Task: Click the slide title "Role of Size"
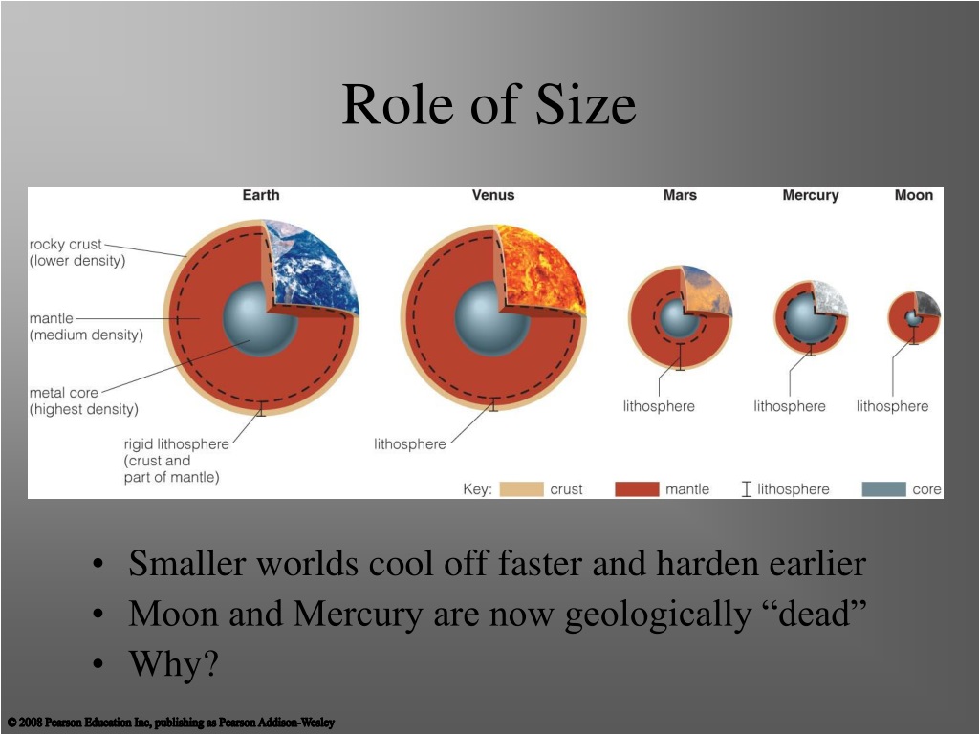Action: (x=489, y=104)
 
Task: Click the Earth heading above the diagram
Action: (x=261, y=195)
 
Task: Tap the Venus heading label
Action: (x=493, y=195)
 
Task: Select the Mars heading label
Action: (x=680, y=195)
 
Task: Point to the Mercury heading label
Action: (x=811, y=195)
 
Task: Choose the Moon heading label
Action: (x=913, y=195)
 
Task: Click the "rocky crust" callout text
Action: (x=77, y=252)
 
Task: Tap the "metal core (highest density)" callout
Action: (x=84, y=400)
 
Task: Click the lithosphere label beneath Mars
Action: (x=659, y=406)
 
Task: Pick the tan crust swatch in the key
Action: (x=521, y=489)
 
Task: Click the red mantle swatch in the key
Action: (x=637, y=489)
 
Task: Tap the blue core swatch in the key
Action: (x=883, y=489)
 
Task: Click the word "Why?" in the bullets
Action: (x=174, y=663)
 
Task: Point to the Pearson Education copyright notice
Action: (x=171, y=723)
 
